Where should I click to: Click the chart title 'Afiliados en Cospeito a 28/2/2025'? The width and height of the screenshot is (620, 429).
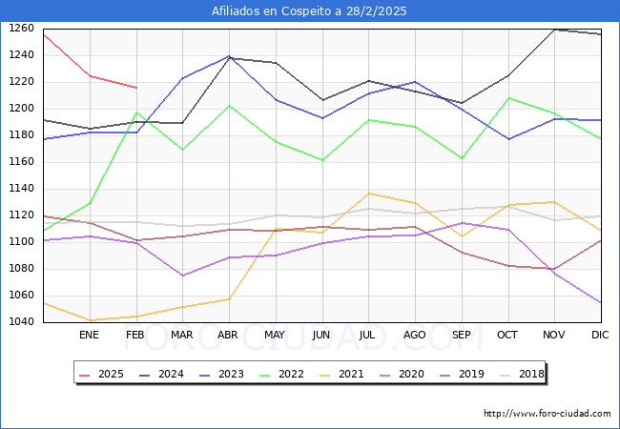[310, 11]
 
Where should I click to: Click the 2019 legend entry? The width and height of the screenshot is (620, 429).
[464, 374]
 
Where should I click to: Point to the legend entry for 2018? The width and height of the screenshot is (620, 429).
[523, 374]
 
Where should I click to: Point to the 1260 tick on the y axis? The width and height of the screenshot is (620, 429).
[21, 29]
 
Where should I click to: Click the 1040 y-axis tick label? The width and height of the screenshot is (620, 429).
[21, 322]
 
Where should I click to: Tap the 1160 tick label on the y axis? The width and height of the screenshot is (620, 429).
[21, 162]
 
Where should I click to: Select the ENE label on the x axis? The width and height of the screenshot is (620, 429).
[89, 336]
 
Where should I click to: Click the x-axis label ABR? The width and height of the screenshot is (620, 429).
[228, 336]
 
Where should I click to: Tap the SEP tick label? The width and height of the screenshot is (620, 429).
[462, 336]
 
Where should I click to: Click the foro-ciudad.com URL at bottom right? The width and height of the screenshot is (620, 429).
[547, 414]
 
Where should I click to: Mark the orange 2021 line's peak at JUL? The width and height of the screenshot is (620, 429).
[368, 194]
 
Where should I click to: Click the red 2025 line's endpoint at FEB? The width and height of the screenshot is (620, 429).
[135, 88]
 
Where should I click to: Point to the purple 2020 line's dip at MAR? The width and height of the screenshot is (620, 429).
[182, 276]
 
